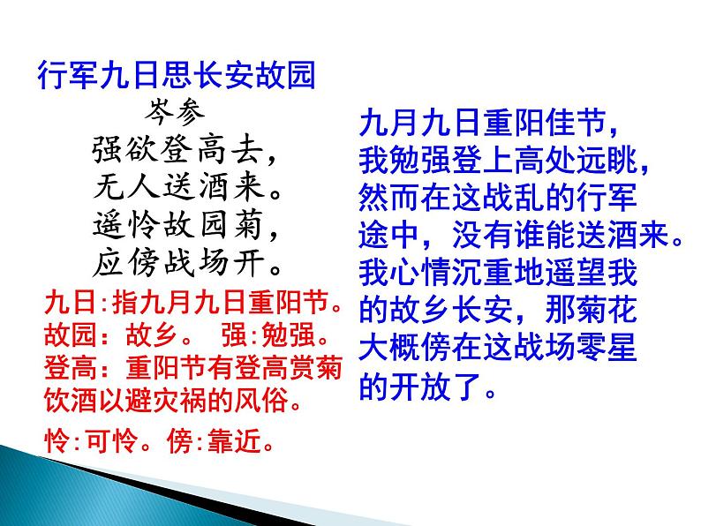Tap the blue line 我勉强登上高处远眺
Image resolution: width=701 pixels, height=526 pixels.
509,160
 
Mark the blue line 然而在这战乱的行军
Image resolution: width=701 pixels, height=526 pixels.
498,197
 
